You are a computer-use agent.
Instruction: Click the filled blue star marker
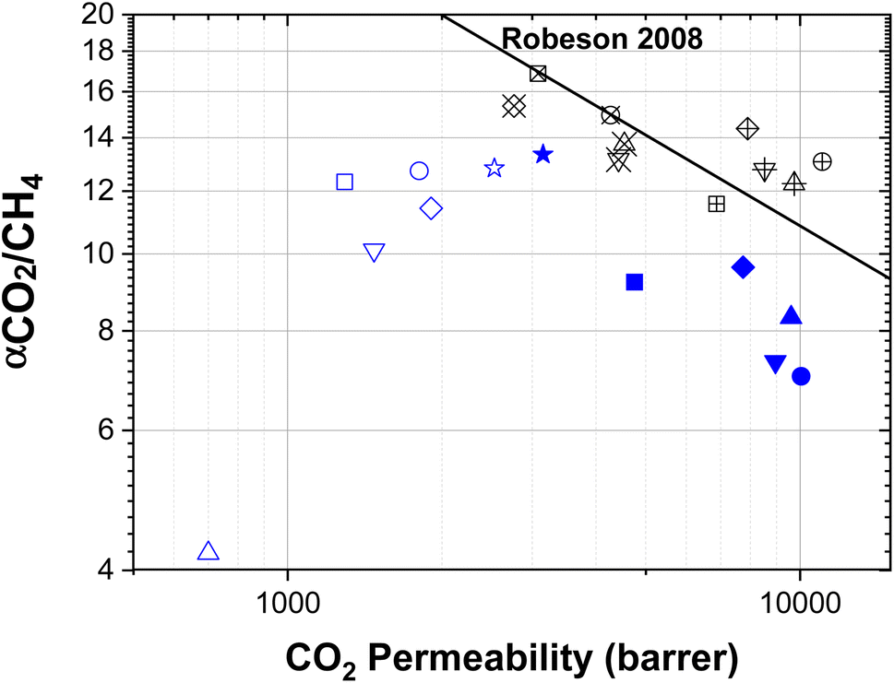point(542,154)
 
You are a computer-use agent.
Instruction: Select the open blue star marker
point(495,168)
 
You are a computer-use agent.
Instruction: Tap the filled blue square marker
point(634,282)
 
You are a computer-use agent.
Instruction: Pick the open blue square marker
point(345,182)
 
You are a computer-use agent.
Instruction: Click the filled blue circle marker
point(801,376)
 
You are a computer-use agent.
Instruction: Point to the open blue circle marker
point(419,171)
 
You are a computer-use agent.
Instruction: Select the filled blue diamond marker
point(743,267)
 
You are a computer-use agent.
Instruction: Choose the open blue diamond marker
point(431,208)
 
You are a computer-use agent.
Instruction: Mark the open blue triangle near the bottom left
point(209,551)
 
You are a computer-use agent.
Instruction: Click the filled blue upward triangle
point(791,316)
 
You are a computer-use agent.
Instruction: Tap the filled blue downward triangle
point(776,364)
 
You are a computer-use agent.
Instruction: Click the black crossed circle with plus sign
point(822,161)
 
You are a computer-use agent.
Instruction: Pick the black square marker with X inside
point(538,74)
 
